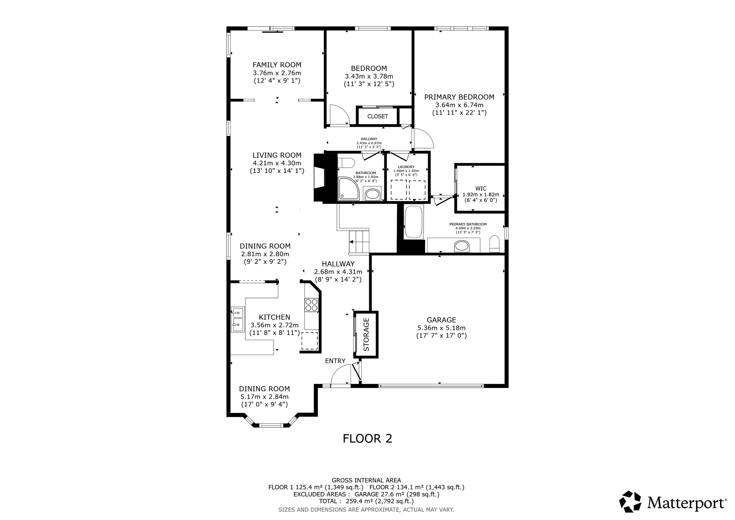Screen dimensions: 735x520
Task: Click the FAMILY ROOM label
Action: point(277,65)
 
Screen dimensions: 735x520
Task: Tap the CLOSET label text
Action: point(377,116)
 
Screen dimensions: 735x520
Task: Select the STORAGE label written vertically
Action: point(366,334)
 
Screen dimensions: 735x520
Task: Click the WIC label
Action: point(481,189)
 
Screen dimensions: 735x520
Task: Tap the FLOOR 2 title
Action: point(367,438)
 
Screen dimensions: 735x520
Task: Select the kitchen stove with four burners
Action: point(311,305)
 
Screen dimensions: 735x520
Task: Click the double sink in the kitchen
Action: point(238,319)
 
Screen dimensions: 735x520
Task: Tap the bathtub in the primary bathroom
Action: point(414,221)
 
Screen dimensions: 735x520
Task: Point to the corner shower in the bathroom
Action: point(349,189)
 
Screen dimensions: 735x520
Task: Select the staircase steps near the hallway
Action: point(359,242)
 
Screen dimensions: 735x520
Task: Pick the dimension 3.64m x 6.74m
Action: point(459,105)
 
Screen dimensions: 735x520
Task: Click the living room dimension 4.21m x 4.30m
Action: point(277,163)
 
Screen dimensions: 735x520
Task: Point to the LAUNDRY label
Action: point(406,167)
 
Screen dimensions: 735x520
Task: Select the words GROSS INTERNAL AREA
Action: point(366,480)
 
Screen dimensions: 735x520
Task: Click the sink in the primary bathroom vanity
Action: point(462,246)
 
